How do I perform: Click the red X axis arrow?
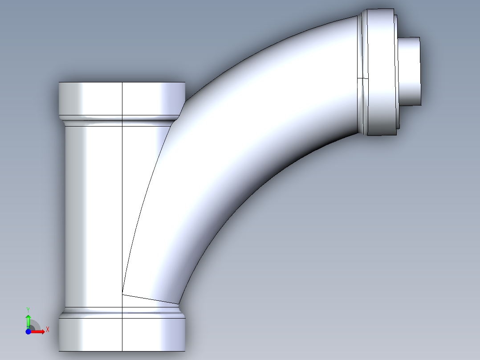pos(39,331)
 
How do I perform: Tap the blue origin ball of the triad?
pos(28,331)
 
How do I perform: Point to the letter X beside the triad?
pos(47,330)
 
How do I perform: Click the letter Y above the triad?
pos(28,309)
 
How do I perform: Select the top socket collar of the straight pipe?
pos(122,99)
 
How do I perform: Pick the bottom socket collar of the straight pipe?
pos(122,334)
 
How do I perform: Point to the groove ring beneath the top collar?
pos(116,120)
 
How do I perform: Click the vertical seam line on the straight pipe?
pos(122,200)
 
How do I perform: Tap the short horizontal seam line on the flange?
pos(363,78)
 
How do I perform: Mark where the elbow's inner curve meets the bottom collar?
pos(179,304)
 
